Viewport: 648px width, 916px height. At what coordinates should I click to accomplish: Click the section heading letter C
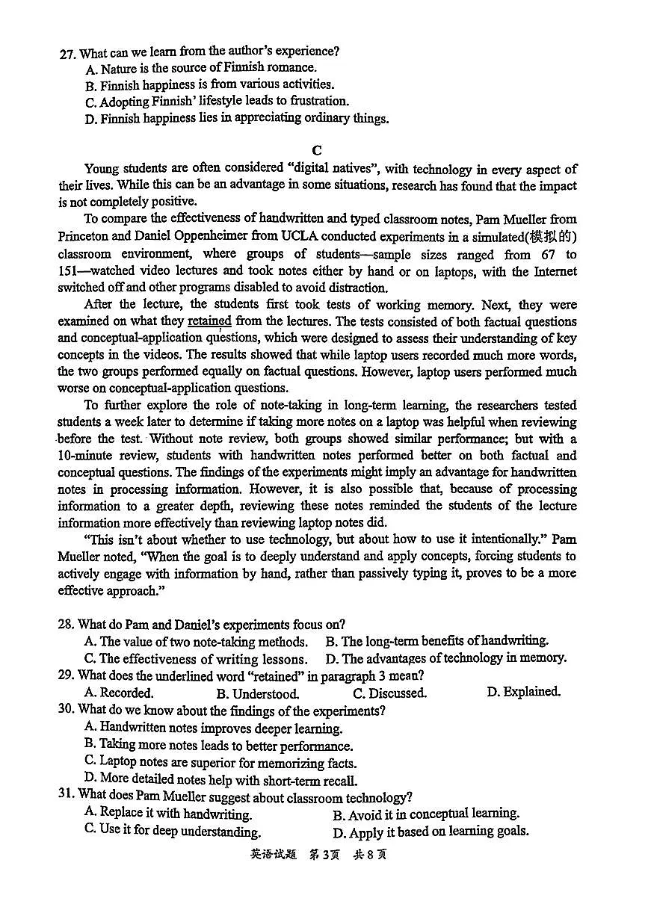(x=317, y=150)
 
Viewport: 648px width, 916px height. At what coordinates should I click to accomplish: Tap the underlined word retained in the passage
(x=209, y=321)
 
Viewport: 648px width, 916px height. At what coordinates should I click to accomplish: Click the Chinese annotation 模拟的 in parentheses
(x=552, y=237)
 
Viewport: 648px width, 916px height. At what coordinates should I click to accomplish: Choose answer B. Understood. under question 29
(x=258, y=693)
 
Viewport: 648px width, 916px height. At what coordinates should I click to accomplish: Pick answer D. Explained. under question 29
(x=523, y=692)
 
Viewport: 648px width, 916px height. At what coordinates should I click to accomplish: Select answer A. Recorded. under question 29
(x=119, y=693)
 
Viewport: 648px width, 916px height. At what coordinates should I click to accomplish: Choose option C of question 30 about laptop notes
(x=220, y=763)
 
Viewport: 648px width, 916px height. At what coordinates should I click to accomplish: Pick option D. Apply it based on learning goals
(x=431, y=832)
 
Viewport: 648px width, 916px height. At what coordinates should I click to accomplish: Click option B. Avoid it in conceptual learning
(x=426, y=814)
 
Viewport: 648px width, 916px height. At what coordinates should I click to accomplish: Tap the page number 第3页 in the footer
(x=324, y=855)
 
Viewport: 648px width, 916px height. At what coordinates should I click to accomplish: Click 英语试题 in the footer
(x=273, y=855)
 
